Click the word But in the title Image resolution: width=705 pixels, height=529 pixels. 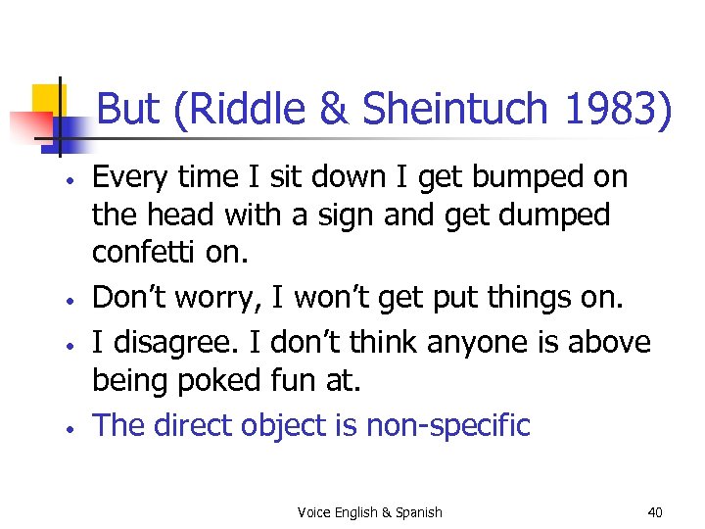(x=131, y=110)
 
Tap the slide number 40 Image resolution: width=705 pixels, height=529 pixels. (x=655, y=511)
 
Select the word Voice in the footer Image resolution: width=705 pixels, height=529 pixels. (x=313, y=511)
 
